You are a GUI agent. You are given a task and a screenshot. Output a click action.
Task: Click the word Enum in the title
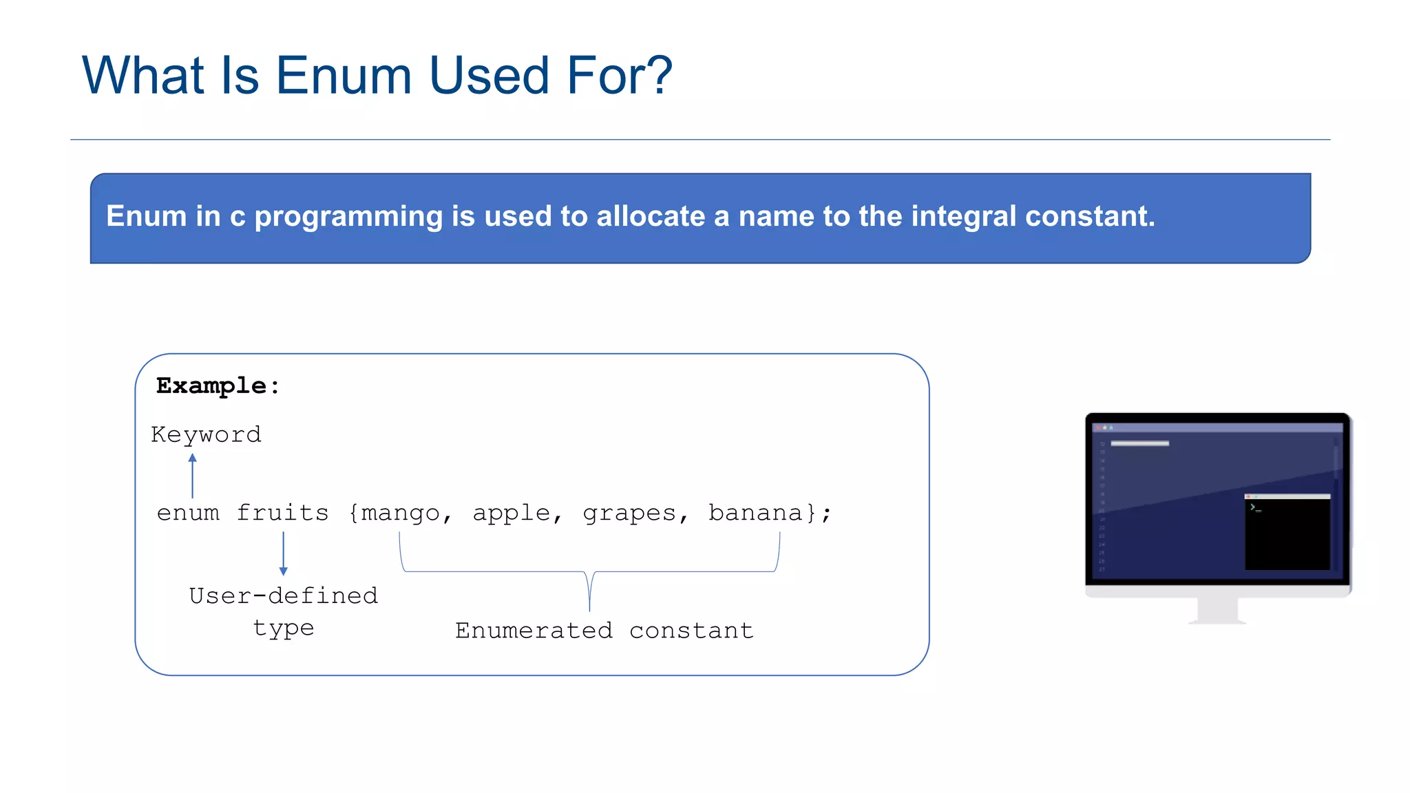[343, 75]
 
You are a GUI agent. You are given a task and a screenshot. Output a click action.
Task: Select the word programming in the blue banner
[348, 217]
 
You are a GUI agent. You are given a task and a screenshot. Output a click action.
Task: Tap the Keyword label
[206, 434]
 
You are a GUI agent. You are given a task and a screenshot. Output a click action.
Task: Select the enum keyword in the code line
[188, 513]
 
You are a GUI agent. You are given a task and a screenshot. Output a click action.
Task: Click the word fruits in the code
[282, 513]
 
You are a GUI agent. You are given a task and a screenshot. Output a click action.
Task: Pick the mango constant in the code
[400, 514]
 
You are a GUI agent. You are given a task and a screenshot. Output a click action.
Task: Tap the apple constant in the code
[512, 513]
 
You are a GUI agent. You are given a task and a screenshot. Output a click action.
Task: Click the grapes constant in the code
[629, 514]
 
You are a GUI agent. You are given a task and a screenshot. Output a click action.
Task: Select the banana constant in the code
[756, 513]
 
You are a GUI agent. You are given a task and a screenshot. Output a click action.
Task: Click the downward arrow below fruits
[283, 553]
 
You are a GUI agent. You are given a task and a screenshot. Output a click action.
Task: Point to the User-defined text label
[284, 595]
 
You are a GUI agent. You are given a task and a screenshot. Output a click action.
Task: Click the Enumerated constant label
[604, 631]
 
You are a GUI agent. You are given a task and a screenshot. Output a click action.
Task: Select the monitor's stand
[1217, 611]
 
